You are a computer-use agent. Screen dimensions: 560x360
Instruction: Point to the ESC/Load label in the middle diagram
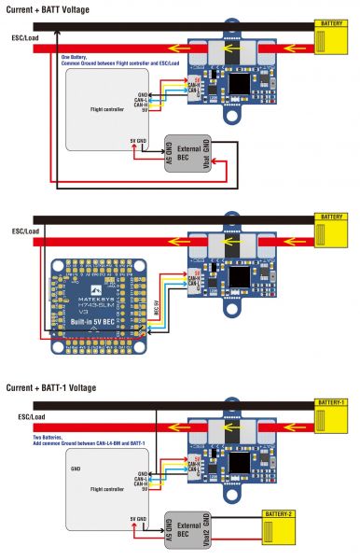(24, 230)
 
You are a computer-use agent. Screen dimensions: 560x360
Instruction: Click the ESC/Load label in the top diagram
(24, 38)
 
